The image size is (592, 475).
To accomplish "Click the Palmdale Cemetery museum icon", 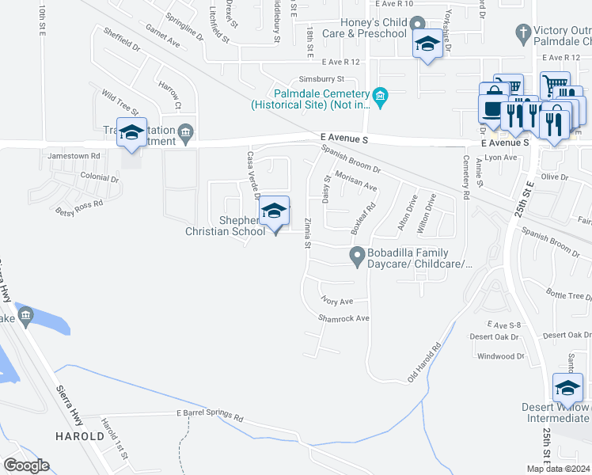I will coord(381,97).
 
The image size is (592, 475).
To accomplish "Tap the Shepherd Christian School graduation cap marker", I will coord(275,211).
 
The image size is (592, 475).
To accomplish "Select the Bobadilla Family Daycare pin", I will coord(357,256).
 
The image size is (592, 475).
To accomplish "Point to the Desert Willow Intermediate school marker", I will coord(567,388).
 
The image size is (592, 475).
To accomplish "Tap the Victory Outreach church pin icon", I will coord(522,33).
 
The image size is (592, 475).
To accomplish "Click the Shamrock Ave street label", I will coord(344,318).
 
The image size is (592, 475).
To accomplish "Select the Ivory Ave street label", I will coord(336,301).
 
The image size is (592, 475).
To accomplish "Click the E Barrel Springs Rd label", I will coord(210,415).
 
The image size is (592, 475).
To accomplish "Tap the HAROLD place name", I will coord(79,436).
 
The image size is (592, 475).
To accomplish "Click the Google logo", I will coord(26,465).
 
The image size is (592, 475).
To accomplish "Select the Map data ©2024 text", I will coord(558,469).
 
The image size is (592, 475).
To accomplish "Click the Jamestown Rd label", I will coord(74,156).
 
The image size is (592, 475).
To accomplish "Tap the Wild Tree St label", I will coord(120,103).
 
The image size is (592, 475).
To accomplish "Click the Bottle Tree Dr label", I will coord(569,296).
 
